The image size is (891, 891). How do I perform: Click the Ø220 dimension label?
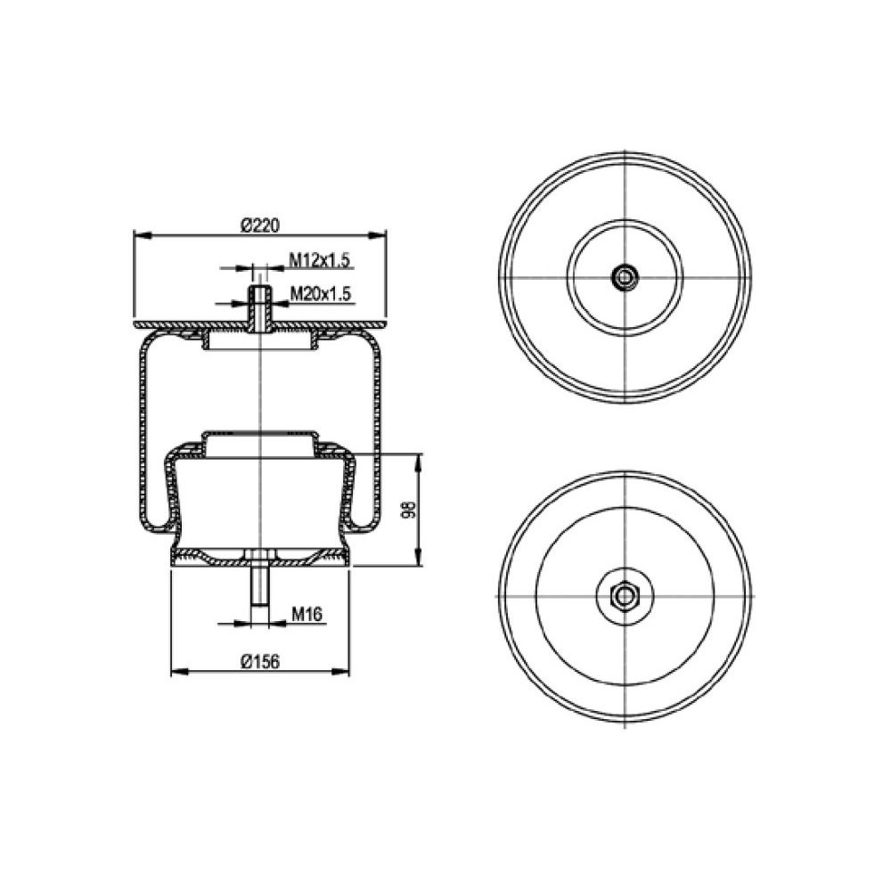pyautogui.click(x=260, y=225)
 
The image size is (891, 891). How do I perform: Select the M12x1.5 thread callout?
pyautogui.click(x=321, y=260)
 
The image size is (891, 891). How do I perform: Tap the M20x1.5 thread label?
pyautogui.click(x=321, y=294)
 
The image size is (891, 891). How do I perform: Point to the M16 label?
pyautogui.click(x=307, y=614)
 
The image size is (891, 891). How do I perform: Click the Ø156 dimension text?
pyautogui.click(x=260, y=661)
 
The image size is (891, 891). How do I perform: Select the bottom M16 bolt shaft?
pyautogui.click(x=260, y=586)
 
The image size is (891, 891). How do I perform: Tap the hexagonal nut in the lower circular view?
pyautogui.click(x=625, y=595)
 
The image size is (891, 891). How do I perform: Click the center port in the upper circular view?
pyautogui.click(x=625, y=277)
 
